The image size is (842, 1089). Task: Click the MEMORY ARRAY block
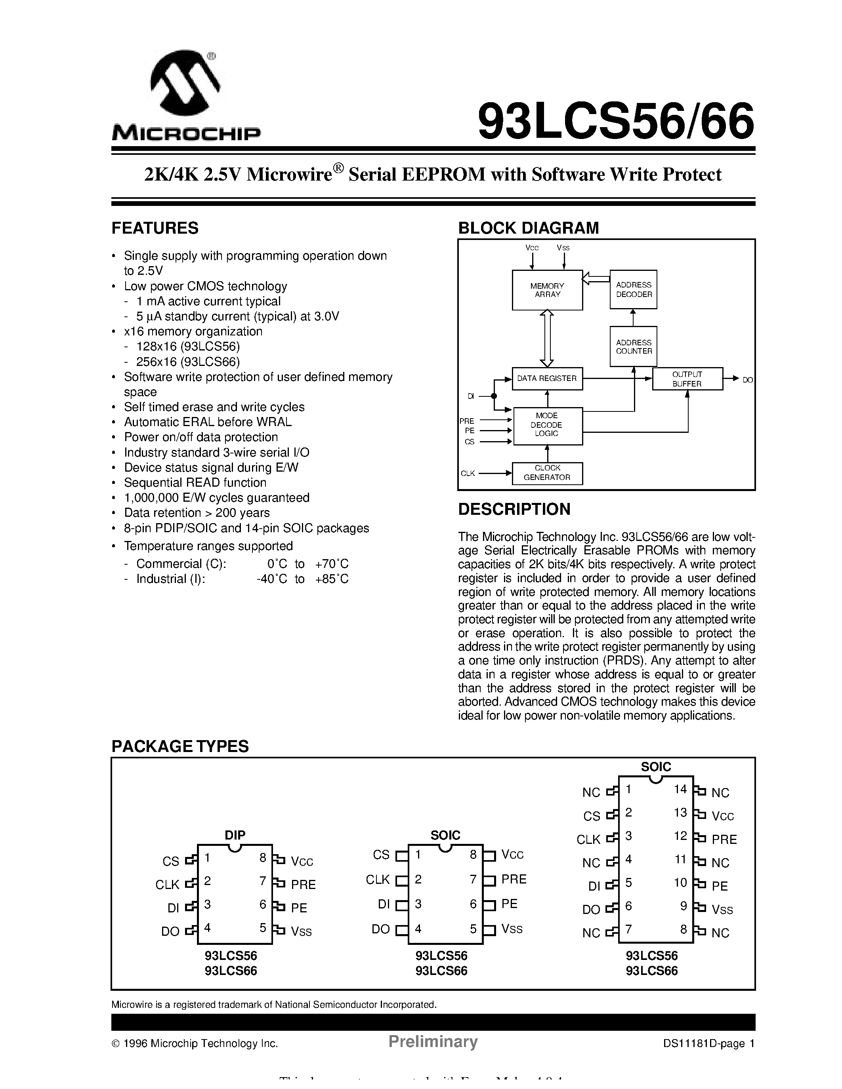547,290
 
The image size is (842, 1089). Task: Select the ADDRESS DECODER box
634,290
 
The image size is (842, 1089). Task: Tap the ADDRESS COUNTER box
634,347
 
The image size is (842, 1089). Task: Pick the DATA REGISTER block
547,379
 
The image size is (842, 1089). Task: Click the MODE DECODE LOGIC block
547,425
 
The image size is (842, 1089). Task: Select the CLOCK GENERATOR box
547,473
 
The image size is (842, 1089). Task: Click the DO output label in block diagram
747,380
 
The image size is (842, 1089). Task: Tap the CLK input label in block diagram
468,473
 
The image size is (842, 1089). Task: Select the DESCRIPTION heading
514,509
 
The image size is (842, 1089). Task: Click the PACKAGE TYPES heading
180,746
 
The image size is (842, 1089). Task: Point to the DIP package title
235,835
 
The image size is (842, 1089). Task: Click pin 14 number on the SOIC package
680,789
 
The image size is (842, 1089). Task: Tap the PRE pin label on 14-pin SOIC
724,839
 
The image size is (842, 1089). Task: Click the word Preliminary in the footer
433,1041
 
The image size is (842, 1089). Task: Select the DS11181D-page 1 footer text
709,1043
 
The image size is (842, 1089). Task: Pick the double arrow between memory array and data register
547,339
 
